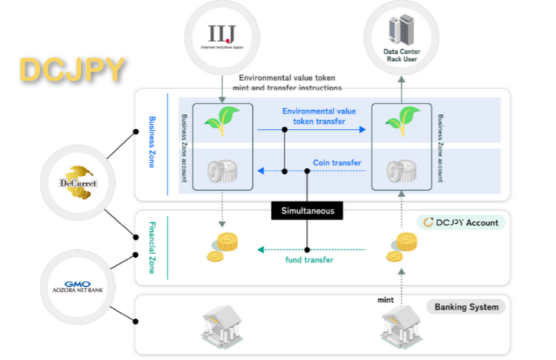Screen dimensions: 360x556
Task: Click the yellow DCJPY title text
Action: coord(72,70)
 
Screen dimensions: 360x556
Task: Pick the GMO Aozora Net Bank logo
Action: coord(78,283)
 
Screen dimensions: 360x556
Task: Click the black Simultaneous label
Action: coord(306,210)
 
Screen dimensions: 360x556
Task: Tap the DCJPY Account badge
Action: coord(461,222)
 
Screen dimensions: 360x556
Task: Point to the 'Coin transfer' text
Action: coord(337,162)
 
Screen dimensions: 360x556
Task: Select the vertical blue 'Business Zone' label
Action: coord(152,141)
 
